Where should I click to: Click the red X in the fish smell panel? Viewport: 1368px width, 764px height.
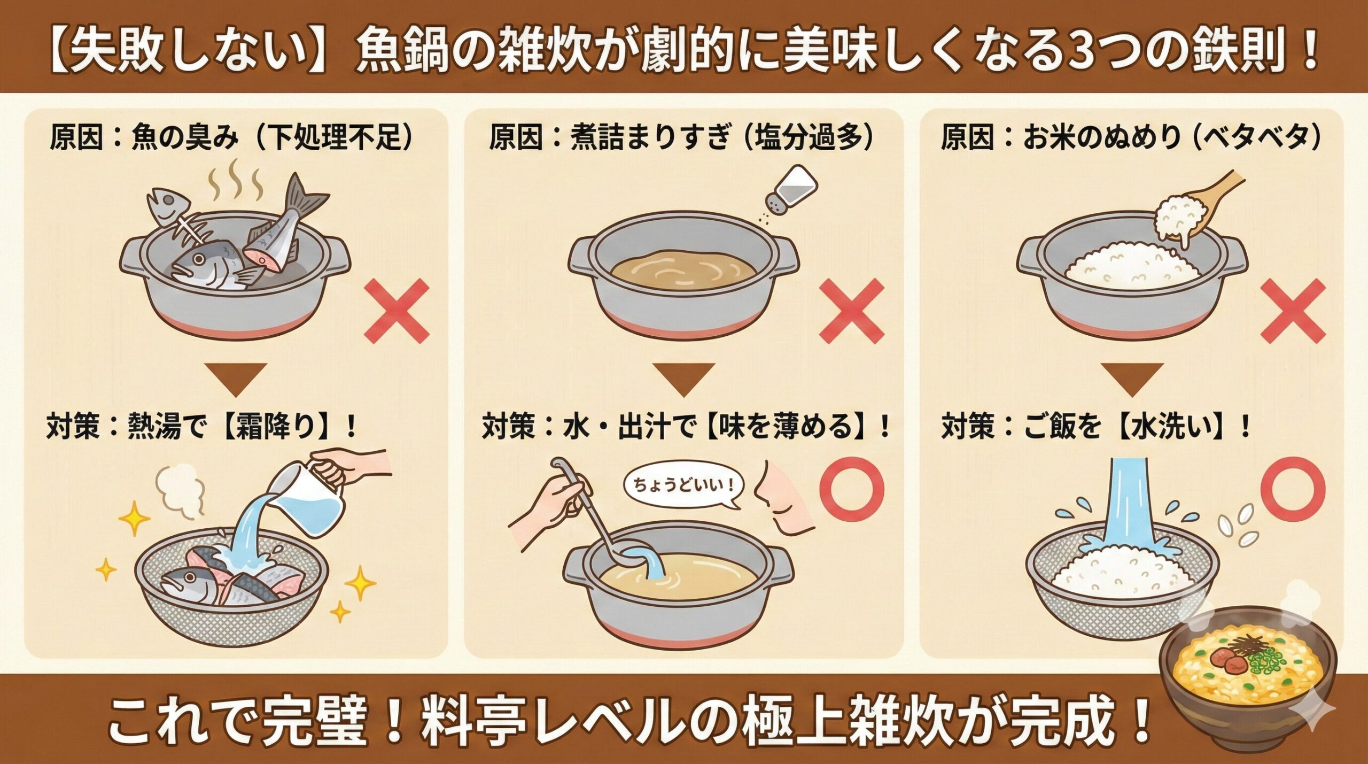point(397,311)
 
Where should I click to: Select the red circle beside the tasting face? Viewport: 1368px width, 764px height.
point(852,489)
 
